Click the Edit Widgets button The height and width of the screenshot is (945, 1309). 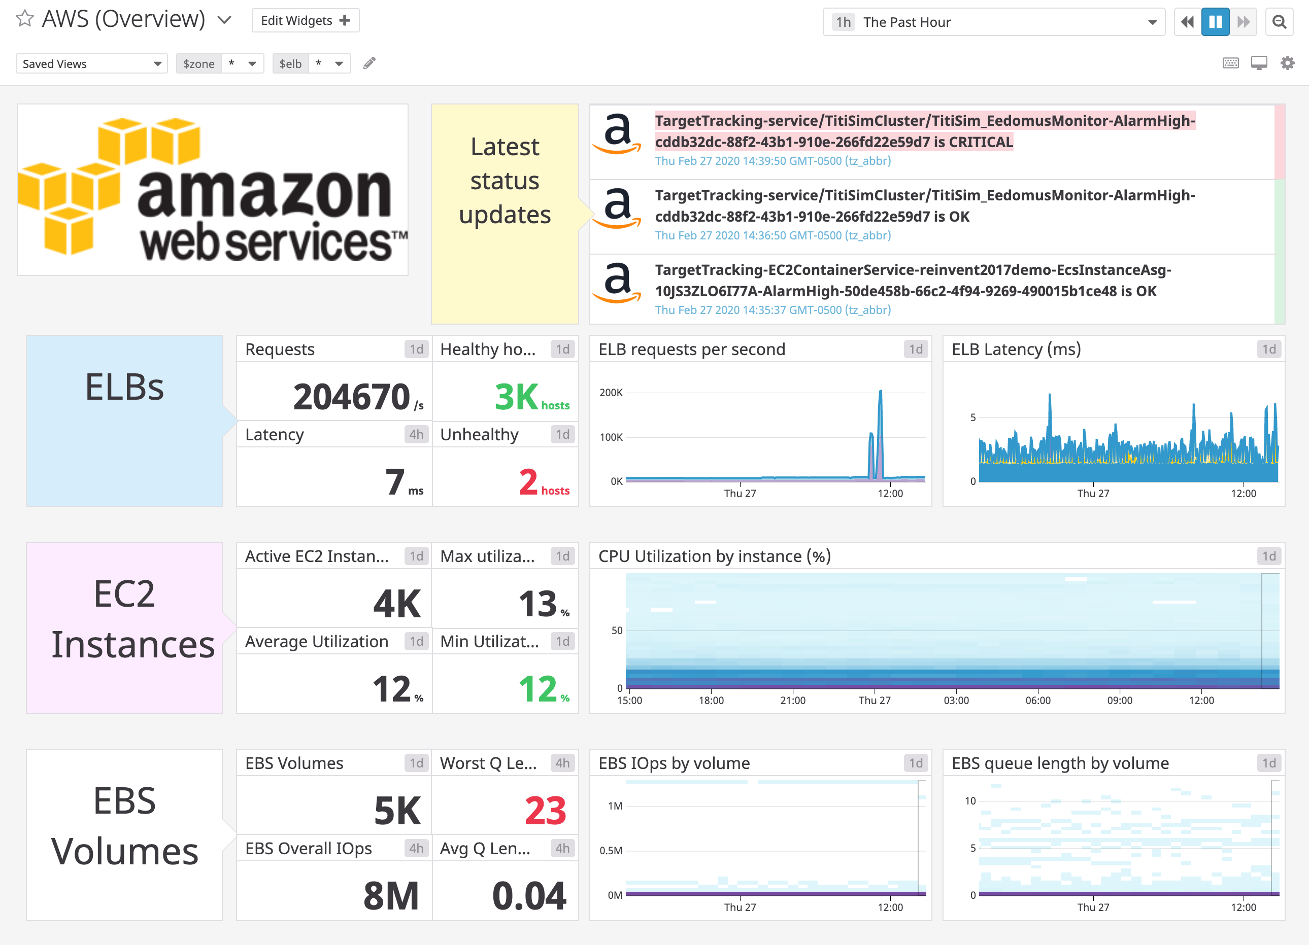click(305, 21)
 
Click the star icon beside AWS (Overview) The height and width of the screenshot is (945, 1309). click(24, 19)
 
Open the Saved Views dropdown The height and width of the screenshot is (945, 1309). click(91, 63)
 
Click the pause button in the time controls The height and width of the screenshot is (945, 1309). click(1215, 22)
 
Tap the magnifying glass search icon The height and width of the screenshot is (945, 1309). click(1279, 22)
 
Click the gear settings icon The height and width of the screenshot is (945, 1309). click(1287, 63)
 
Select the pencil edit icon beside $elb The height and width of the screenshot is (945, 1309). click(370, 63)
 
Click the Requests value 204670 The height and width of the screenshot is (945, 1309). click(351, 397)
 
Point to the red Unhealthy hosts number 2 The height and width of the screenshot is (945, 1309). click(528, 482)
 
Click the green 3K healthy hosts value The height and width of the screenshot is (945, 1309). click(516, 397)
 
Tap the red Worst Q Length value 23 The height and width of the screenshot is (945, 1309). click(545, 811)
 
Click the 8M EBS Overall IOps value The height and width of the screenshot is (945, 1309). click(391, 896)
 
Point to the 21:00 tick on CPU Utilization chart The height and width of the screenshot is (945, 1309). click(792, 701)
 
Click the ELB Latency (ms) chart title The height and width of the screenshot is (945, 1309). click(1016, 349)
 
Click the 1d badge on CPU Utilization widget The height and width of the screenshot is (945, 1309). click(1268, 556)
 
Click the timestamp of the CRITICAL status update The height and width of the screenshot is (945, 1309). click(772, 161)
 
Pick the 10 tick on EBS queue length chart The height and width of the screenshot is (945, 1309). click(970, 801)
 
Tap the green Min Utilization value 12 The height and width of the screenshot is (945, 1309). click(538, 689)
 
